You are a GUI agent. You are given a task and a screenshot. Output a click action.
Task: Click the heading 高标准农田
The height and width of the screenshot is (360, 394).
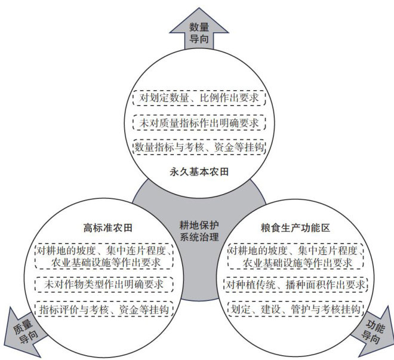pos(107,227)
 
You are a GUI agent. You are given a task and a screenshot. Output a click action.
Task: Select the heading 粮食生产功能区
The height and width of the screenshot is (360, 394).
pos(296,227)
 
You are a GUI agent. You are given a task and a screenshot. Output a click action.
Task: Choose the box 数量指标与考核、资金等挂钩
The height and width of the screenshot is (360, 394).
pos(198,146)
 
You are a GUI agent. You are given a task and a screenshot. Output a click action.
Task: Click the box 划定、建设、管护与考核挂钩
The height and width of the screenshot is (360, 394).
pos(295,309)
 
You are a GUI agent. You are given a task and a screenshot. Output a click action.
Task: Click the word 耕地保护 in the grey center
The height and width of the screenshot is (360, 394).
pos(199,224)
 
